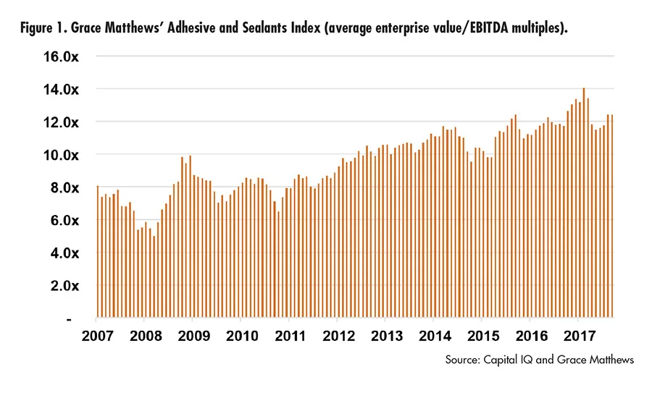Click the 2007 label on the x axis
point(97,336)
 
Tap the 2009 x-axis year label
point(193,336)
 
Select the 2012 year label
point(338,336)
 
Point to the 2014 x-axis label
point(434,336)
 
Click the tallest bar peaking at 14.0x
point(583,203)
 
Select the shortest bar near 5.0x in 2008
point(154,279)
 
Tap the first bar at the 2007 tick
point(98,253)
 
